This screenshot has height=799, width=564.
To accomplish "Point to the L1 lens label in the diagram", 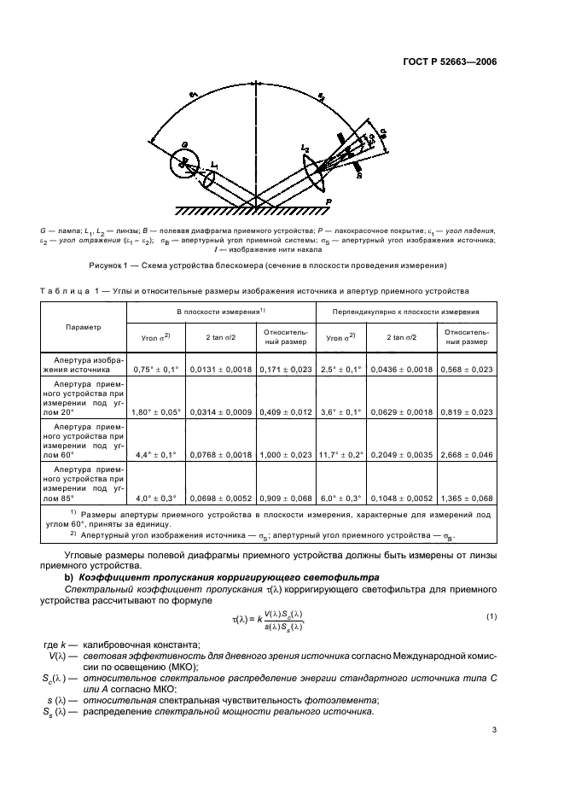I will (x=215, y=165).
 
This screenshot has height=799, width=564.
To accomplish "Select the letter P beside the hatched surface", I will (x=328, y=201).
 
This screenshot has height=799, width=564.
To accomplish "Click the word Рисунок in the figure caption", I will (x=133, y=265).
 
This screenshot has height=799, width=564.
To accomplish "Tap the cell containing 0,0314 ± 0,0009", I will (x=220, y=411).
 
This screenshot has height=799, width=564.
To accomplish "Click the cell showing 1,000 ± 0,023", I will (x=285, y=455).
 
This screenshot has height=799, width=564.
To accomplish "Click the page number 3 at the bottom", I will (x=494, y=729).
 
